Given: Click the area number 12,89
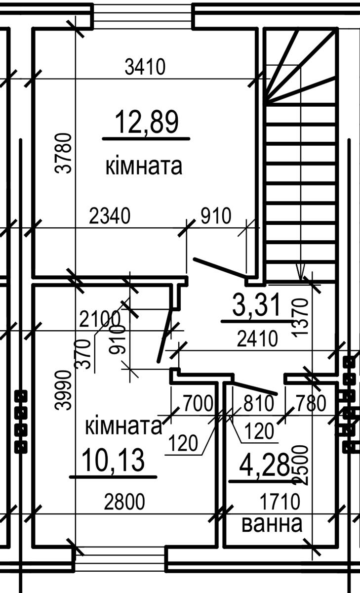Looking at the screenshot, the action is point(147,122).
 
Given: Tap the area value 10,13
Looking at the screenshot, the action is point(113,460).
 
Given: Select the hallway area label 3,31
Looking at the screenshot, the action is point(256,305).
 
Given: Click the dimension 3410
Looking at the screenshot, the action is point(145,67).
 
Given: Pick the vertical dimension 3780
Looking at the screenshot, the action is point(63,153).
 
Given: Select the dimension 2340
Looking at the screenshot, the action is point(110,216).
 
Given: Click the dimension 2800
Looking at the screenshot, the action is point(124,502).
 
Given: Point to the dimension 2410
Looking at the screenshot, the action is point(257,339).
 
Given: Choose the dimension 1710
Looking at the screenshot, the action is point(280,501).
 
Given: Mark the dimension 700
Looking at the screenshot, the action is point(198,403).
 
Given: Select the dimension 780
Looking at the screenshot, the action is point(311,403).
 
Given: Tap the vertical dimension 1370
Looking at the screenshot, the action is point(300,317).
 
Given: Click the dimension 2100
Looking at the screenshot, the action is point(100,319).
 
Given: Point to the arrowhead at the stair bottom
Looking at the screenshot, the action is point(300,272).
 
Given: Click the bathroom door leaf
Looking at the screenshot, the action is point(254,388).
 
